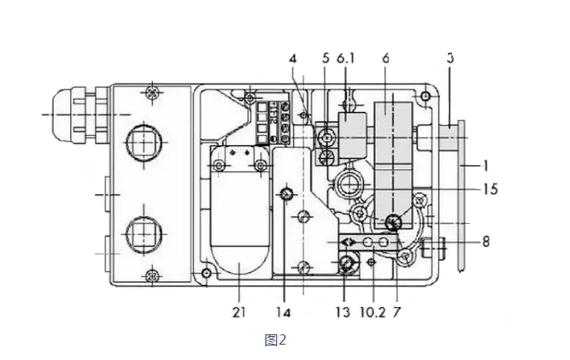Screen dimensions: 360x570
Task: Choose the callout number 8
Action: coord(485,242)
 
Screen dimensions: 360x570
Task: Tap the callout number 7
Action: coord(396,313)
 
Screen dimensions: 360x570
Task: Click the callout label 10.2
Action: coord(369,313)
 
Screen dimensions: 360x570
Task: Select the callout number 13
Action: coord(342,313)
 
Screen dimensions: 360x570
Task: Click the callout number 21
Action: coord(238,313)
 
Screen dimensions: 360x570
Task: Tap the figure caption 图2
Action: coord(274,340)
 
